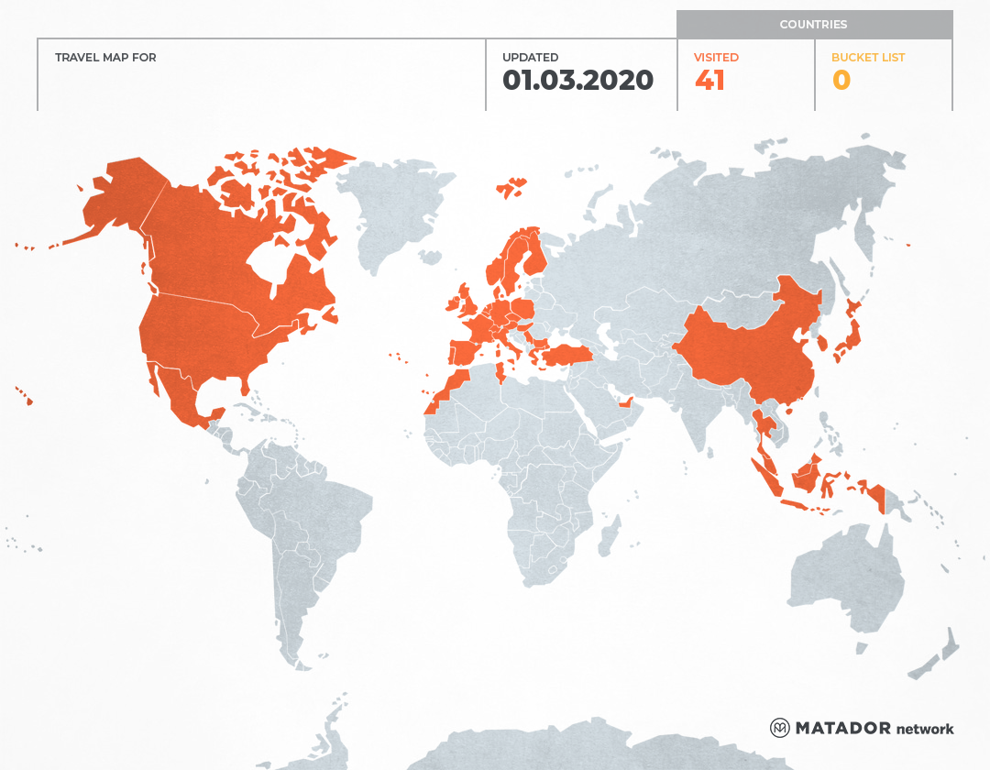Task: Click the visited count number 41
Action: pos(709,81)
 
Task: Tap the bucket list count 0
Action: pos(841,81)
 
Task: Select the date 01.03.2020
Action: pos(577,81)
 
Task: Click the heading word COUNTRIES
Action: pos(813,25)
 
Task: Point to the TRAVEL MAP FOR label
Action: pos(105,58)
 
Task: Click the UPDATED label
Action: pos(530,58)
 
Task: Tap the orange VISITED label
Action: pos(716,58)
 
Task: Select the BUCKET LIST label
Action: pos(867,58)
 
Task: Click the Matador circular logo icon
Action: pos(779,728)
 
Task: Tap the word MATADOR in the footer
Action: pos(843,728)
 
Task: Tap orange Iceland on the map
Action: pos(511,189)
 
